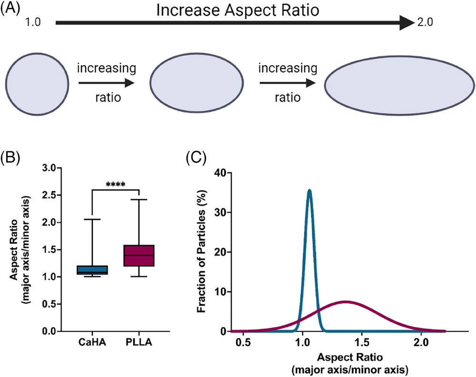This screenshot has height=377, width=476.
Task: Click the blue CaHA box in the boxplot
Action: click(92, 270)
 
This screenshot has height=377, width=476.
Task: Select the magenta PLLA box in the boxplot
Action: click(139, 256)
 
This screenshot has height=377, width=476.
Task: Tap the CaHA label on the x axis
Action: click(92, 342)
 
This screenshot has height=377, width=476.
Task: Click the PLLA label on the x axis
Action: click(139, 342)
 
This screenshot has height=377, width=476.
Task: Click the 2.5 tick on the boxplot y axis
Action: click(49, 195)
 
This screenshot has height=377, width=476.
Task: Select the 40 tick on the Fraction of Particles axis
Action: click(220, 173)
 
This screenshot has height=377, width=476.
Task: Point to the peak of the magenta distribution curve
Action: click(346, 302)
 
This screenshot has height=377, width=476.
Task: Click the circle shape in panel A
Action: click(37, 84)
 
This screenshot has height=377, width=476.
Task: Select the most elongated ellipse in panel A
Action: click(399, 85)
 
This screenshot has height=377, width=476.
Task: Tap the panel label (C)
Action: click(196, 158)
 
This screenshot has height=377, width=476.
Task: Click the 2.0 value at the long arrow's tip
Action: click(425, 22)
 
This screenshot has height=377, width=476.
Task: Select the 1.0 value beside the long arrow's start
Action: click(33, 22)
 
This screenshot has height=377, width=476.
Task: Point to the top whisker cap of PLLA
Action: click(139, 199)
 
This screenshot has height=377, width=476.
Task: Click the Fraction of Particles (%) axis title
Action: click(202, 251)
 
